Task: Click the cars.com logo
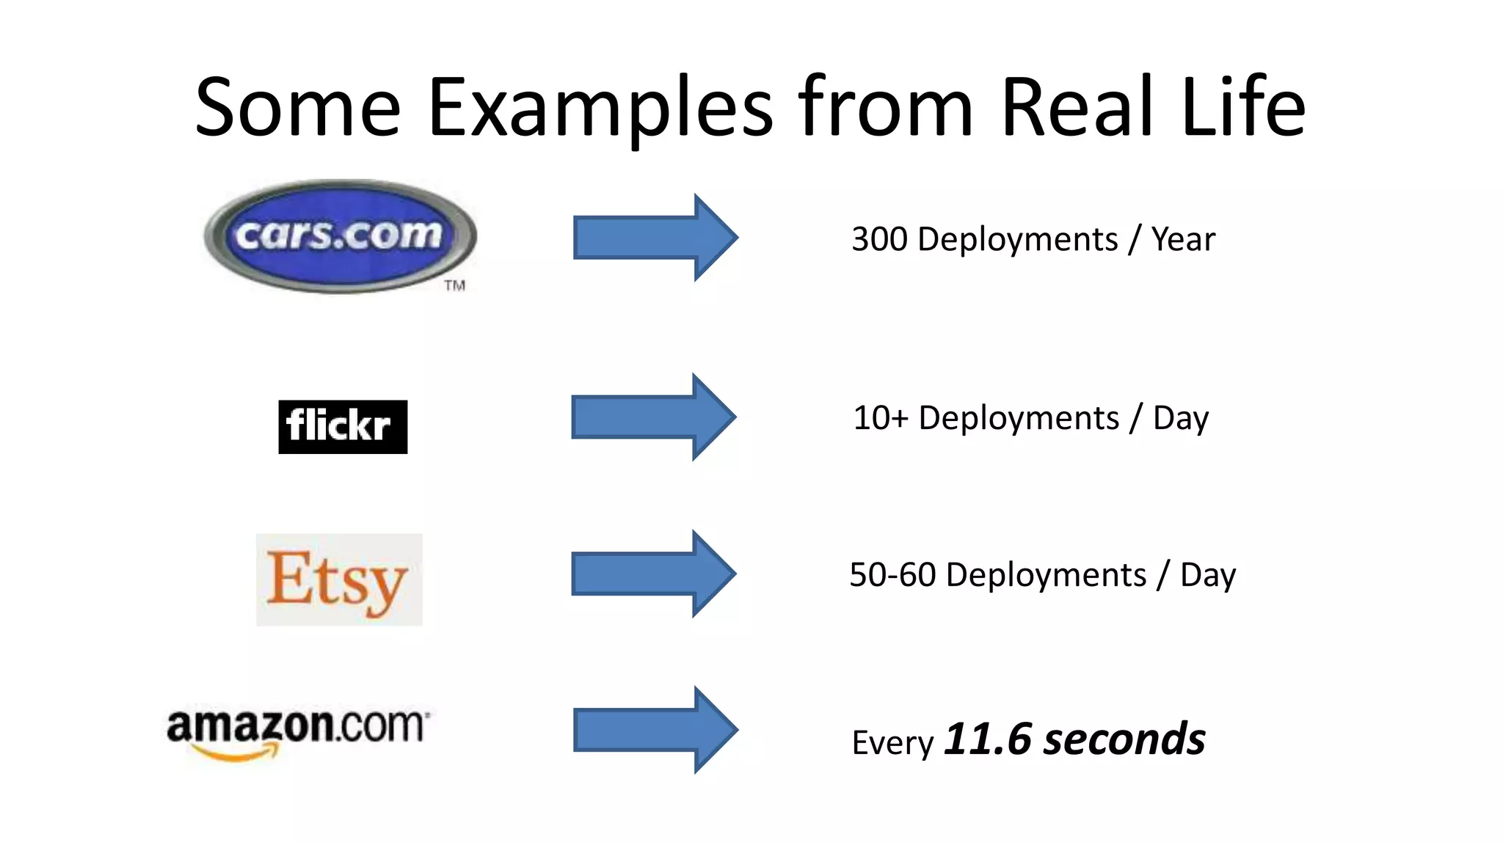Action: (340, 236)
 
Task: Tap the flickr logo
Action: (343, 426)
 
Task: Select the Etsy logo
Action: (339, 579)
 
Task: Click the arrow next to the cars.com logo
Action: (655, 237)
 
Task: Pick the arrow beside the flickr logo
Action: (653, 417)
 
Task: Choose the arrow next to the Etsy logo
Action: (653, 574)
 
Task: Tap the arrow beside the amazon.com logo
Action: (655, 730)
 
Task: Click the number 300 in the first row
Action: (879, 239)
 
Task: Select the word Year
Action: (1182, 239)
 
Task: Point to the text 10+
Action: (880, 418)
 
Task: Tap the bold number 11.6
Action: (988, 739)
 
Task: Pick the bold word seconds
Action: (1124, 739)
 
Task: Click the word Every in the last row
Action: (892, 743)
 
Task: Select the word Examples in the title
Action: (600, 108)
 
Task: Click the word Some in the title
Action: (298, 108)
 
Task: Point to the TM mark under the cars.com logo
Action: (455, 285)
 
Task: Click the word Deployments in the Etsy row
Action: (1046, 574)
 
